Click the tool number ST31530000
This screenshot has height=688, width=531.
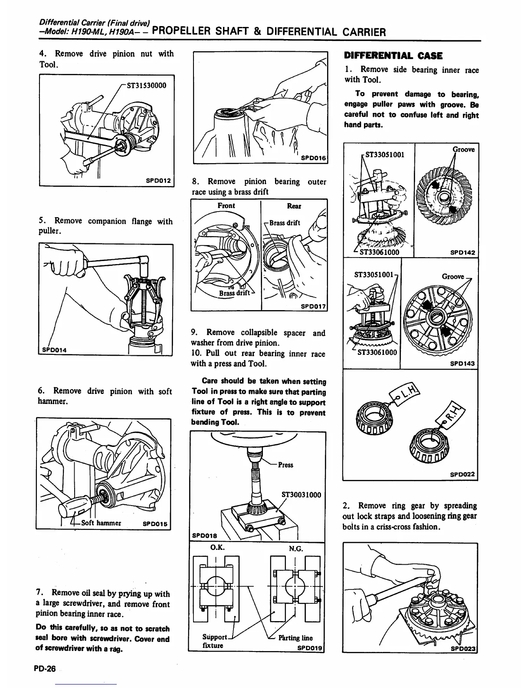pyautogui.click(x=146, y=85)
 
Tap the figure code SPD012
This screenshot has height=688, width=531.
pyautogui.click(x=158, y=180)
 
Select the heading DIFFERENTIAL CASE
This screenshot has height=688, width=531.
pyautogui.click(x=393, y=56)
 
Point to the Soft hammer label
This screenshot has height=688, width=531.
pyautogui.click(x=101, y=523)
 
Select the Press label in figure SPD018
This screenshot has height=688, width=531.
pyautogui.click(x=285, y=465)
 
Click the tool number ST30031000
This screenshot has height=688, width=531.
pyautogui.click(x=301, y=494)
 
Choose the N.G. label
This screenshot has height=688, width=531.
pyautogui.click(x=295, y=548)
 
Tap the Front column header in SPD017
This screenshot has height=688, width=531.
pyautogui.click(x=226, y=205)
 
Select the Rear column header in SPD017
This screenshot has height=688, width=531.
pyautogui.click(x=294, y=206)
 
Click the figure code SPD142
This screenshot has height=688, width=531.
pyautogui.click(x=462, y=252)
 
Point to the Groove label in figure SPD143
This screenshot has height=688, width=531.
pyautogui.click(x=453, y=276)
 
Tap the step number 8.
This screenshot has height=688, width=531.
pyautogui.click(x=196, y=181)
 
